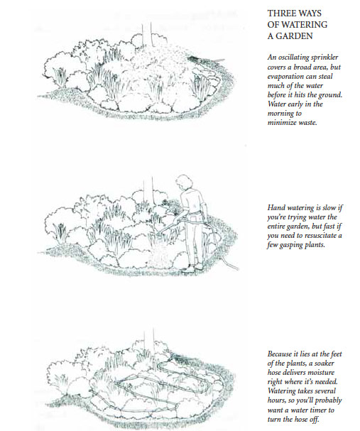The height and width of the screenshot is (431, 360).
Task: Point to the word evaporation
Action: (x=285, y=77)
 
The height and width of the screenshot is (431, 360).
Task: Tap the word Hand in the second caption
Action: (x=275, y=207)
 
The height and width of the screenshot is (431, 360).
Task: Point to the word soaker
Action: (x=324, y=363)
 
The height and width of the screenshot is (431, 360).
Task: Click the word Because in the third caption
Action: (x=280, y=354)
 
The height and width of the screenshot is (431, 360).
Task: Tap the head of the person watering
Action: (x=184, y=182)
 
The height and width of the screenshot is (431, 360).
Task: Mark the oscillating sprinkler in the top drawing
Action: (x=196, y=58)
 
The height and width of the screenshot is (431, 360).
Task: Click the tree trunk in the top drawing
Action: (x=146, y=36)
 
